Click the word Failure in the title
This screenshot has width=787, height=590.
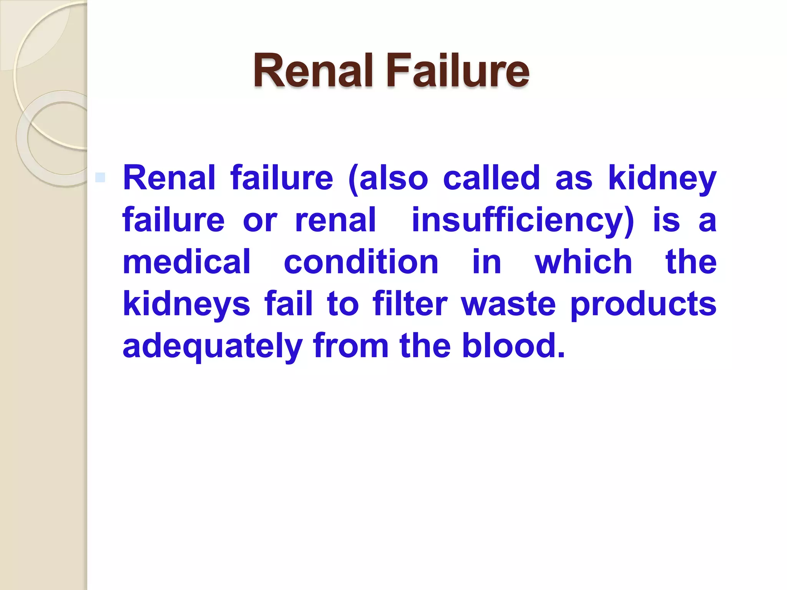pos(458,71)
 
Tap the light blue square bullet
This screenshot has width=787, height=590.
pos(100,177)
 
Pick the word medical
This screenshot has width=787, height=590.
pos(187,262)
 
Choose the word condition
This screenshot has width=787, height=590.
pos(361,262)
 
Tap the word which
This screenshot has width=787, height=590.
pos(583,262)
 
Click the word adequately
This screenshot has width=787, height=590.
pos(213,346)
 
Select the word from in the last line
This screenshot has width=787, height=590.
pos(351,346)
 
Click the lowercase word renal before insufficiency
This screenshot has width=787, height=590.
pos(335,220)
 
